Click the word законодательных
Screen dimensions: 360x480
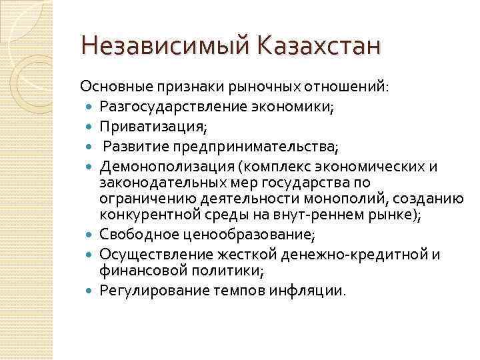point(158,183)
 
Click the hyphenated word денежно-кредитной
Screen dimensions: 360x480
point(357,253)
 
